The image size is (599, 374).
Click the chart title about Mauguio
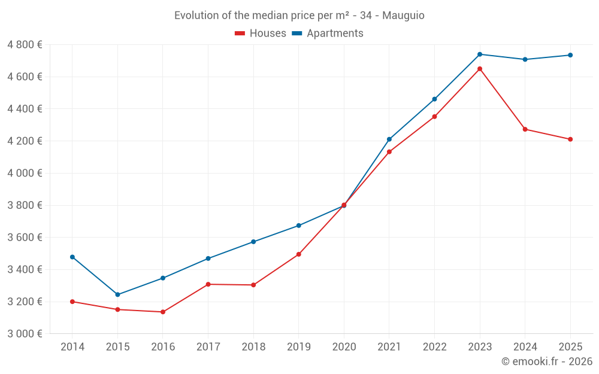(299, 16)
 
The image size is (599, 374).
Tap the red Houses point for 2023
(480, 69)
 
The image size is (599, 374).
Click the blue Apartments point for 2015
(117, 294)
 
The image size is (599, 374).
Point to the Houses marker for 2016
(163, 312)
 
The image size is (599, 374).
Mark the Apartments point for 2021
(389, 139)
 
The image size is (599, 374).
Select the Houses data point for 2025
(570, 139)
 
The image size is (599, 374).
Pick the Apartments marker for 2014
(72, 257)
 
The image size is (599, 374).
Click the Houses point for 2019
(299, 254)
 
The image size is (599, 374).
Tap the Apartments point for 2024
(525, 59)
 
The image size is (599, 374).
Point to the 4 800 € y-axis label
(25, 45)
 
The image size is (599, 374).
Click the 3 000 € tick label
(25, 333)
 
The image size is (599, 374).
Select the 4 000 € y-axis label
(25, 173)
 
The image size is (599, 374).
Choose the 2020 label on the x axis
(344, 347)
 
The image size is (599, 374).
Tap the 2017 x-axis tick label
(208, 347)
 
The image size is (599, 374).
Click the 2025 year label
(570, 347)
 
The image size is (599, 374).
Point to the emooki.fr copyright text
(546, 361)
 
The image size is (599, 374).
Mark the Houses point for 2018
(253, 285)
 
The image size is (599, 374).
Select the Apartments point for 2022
(434, 99)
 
